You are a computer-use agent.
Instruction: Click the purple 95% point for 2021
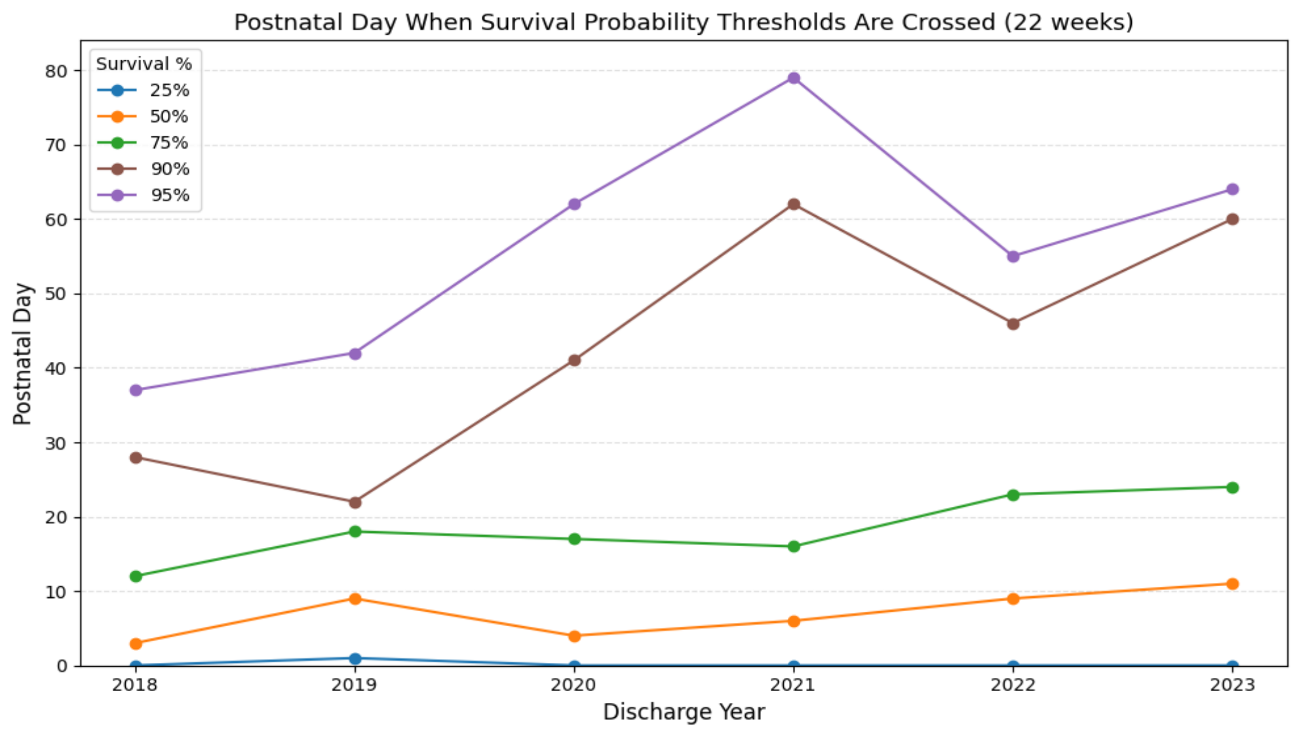(794, 78)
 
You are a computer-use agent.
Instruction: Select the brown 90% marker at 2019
(355, 502)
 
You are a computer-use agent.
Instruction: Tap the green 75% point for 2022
(1013, 495)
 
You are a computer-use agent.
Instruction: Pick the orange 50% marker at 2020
(575, 636)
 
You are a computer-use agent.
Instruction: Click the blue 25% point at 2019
(355, 658)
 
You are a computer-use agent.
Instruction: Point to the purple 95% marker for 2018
(136, 390)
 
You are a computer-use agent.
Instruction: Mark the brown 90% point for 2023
(1232, 219)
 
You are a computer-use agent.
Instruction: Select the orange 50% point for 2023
(1232, 584)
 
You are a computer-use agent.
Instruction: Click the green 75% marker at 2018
(136, 576)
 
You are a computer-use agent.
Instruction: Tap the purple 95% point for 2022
(1013, 256)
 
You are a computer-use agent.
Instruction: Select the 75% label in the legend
(170, 143)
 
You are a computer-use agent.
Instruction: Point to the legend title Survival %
(144, 64)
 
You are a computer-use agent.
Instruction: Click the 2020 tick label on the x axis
(574, 685)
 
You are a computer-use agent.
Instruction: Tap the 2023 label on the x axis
(1232, 685)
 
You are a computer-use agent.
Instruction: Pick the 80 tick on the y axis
(56, 71)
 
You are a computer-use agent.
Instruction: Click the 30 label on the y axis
(56, 443)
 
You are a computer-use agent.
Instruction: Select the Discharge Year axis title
(684, 712)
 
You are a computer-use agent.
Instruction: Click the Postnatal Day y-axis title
(22, 354)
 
